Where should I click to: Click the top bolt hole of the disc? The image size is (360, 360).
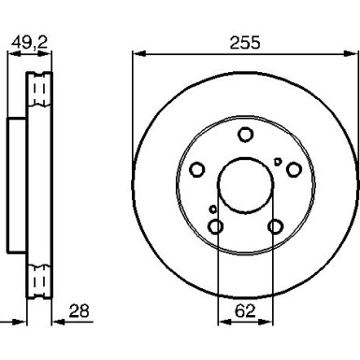coord(245,135)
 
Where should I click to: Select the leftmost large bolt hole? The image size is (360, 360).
coord(197,169)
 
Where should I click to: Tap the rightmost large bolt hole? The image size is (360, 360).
coord(294,169)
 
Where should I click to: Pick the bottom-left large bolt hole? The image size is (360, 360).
coord(216,226)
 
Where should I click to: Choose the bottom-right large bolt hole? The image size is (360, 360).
coord(275,226)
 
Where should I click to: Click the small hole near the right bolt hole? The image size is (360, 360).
coord(279,162)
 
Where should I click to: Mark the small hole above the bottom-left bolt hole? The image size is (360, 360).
coord(213,209)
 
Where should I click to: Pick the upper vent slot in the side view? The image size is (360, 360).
coord(39,90)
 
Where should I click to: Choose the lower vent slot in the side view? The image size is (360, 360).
coord(39,279)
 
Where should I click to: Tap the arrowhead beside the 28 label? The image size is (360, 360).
coord(54,321)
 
